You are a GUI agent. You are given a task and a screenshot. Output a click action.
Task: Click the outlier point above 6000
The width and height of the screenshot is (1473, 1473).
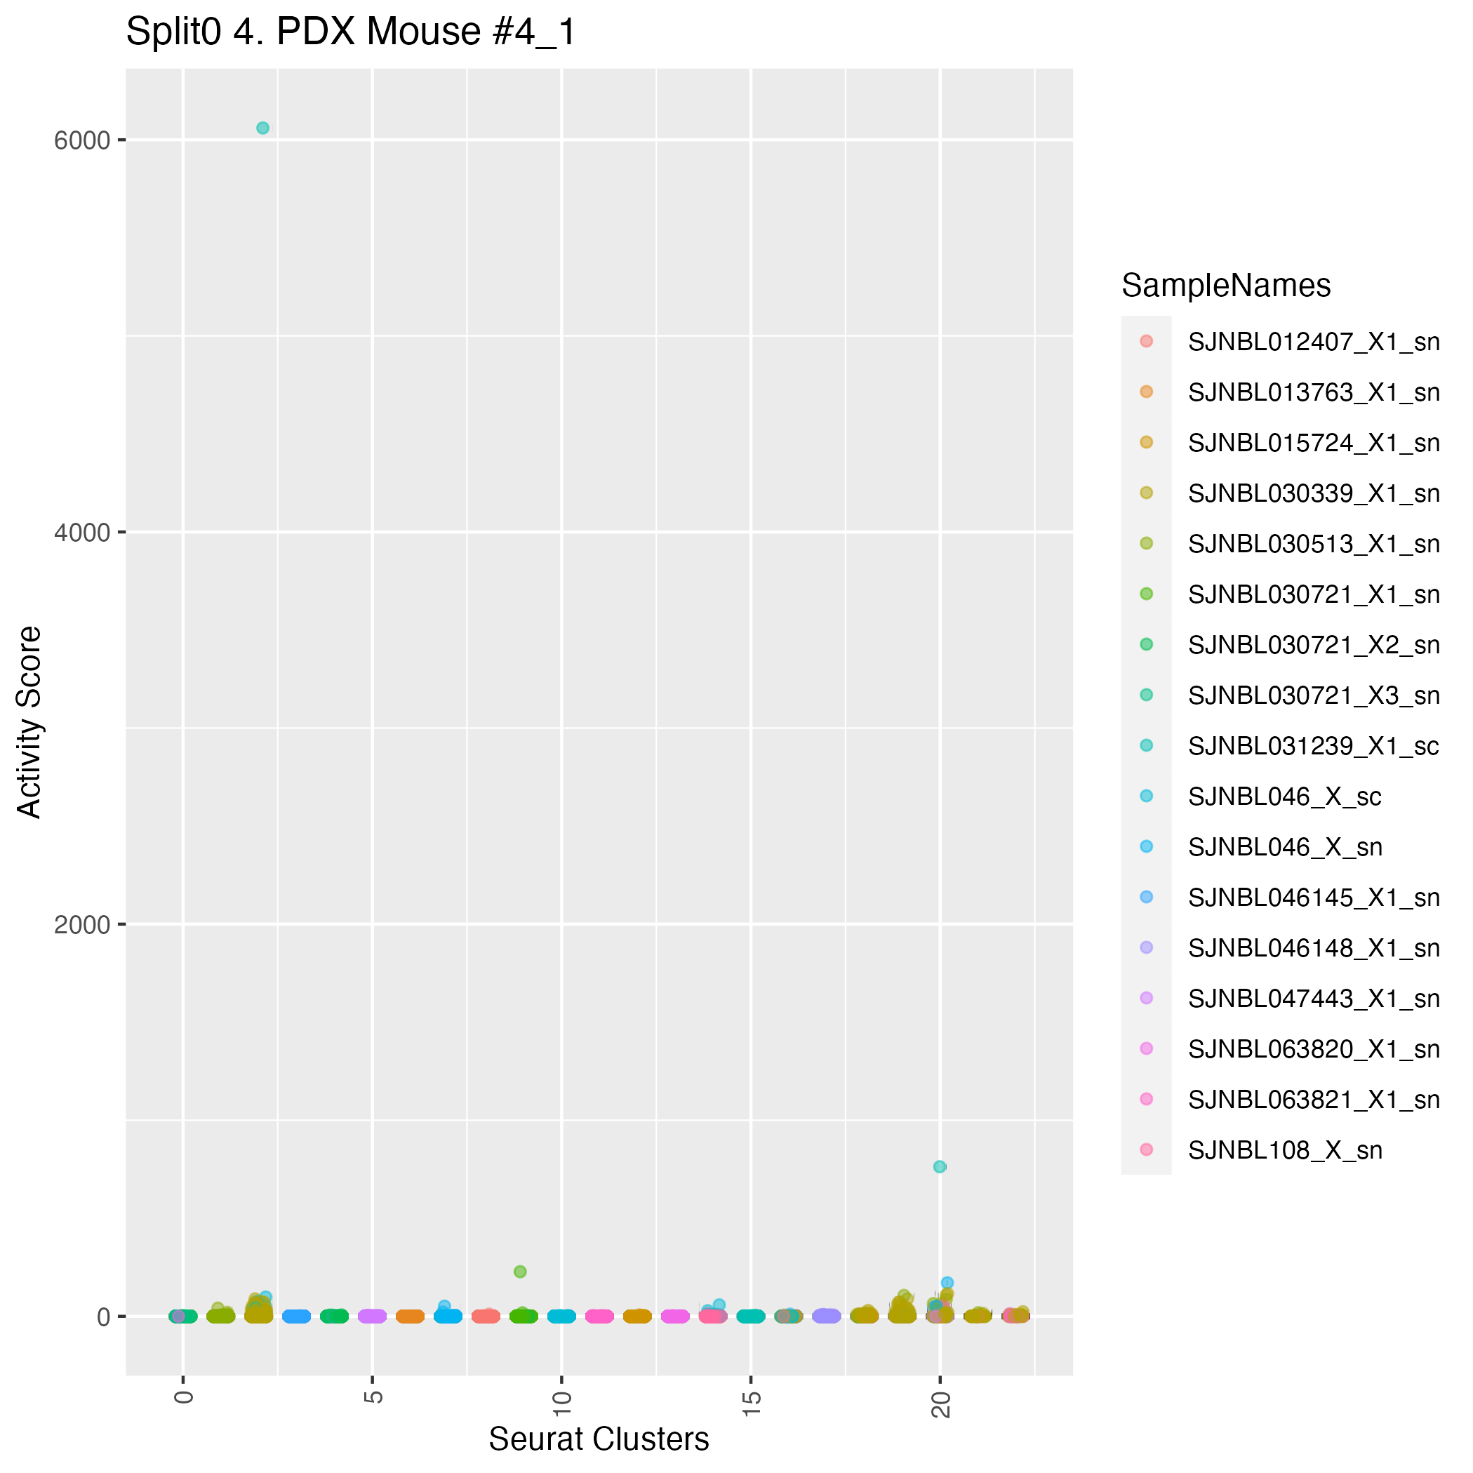(262, 128)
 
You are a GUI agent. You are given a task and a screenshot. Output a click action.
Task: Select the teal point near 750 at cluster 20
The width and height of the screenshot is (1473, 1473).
(939, 1166)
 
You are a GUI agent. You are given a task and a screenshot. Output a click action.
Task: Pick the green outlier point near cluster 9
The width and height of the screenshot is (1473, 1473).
(520, 1272)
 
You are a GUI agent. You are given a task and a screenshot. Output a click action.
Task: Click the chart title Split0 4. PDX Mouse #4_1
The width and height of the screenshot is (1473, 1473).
(351, 33)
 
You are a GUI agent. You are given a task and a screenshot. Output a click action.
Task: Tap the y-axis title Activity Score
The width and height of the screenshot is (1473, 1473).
(29, 722)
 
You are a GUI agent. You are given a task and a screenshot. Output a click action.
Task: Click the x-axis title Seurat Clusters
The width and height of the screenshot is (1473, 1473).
(599, 1439)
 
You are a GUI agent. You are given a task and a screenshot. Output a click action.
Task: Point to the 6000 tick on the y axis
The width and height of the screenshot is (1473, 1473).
(81, 140)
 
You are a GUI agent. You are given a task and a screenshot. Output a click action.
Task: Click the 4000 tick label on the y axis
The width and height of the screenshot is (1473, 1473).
(81, 532)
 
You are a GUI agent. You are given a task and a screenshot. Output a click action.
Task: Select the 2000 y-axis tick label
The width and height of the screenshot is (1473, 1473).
(81, 925)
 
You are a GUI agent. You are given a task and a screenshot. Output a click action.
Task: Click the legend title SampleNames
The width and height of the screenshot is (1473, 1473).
(1226, 286)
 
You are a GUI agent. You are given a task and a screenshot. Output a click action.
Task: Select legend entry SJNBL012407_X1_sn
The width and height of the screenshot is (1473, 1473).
(1314, 342)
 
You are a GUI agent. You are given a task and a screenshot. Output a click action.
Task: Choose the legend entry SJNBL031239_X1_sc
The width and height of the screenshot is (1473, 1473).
(1314, 746)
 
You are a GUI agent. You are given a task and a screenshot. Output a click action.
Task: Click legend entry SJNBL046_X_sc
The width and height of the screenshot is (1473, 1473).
(1285, 797)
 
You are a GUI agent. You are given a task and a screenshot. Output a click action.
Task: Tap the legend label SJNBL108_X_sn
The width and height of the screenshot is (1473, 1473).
(1285, 1150)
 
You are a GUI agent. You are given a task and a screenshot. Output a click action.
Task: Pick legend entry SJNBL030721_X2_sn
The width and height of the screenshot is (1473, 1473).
(1314, 645)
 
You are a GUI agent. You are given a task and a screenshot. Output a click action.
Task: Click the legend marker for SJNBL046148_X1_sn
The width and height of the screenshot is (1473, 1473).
(1146, 947)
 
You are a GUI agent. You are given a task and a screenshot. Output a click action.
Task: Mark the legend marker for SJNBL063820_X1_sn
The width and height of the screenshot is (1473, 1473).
(1146, 1049)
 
